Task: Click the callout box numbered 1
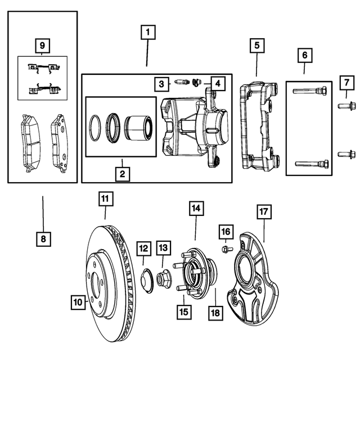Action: click(x=147, y=33)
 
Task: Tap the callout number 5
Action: click(x=256, y=45)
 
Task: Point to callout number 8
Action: click(x=43, y=239)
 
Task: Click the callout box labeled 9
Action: click(x=42, y=44)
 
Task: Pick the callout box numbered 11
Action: click(x=105, y=199)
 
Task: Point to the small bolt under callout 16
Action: click(x=226, y=249)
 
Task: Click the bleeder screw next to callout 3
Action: click(x=180, y=83)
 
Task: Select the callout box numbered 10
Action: click(x=77, y=302)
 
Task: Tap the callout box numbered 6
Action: click(x=304, y=55)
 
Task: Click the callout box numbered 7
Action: click(x=346, y=83)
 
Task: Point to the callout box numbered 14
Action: click(x=195, y=209)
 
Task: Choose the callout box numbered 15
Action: click(x=183, y=310)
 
